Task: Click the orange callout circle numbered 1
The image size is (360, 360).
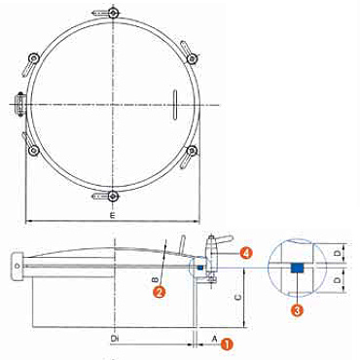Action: click(227, 343)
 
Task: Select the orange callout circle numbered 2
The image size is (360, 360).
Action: click(160, 292)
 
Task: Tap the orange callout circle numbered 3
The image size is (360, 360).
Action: click(297, 310)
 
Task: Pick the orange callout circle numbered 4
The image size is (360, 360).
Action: click(246, 253)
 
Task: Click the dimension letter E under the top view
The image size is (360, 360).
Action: click(113, 215)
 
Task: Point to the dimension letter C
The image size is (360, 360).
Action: click(238, 297)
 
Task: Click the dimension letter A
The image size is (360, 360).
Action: click(214, 339)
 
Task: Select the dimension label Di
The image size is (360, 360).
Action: click(114, 339)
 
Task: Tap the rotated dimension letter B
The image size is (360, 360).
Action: click(156, 279)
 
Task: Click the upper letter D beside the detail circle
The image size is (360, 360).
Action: click(339, 253)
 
